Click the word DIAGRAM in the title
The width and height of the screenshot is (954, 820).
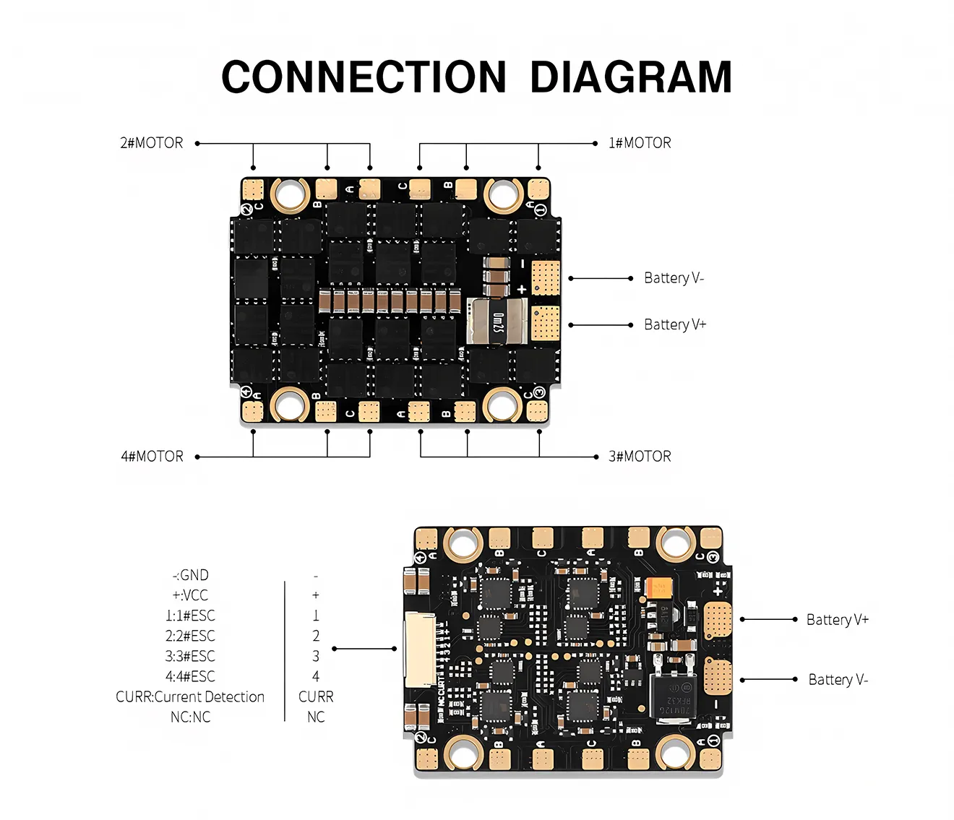(x=631, y=77)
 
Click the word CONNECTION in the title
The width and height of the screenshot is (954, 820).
(x=364, y=77)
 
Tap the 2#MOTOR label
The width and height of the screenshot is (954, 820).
(x=152, y=143)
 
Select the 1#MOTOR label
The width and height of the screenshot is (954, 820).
(x=640, y=143)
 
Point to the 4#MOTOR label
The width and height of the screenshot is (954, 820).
(x=152, y=457)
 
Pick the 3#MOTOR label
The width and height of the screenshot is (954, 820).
(x=640, y=457)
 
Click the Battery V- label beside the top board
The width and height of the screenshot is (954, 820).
(x=674, y=278)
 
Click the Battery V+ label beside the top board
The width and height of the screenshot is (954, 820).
(x=675, y=324)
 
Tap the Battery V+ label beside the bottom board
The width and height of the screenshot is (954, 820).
(x=838, y=620)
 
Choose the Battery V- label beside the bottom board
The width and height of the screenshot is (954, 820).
(x=838, y=680)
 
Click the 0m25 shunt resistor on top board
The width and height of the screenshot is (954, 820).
(x=497, y=320)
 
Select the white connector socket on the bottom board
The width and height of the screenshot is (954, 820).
(x=420, y=649)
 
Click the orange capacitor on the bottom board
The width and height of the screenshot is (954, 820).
(x=659, y=587)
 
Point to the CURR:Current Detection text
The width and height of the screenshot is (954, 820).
(x=190, y=697)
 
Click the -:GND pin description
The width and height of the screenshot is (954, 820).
(x=191, y=576)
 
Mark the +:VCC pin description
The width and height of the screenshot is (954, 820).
(x=190, y=596)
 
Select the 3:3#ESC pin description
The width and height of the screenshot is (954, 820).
(x=190, y=657)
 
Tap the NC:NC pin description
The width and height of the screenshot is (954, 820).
(x=191, y=717)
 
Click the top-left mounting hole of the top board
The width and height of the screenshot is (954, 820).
(x=289, y=194)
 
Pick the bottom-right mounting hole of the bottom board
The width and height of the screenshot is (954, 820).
(x=675, y=753)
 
